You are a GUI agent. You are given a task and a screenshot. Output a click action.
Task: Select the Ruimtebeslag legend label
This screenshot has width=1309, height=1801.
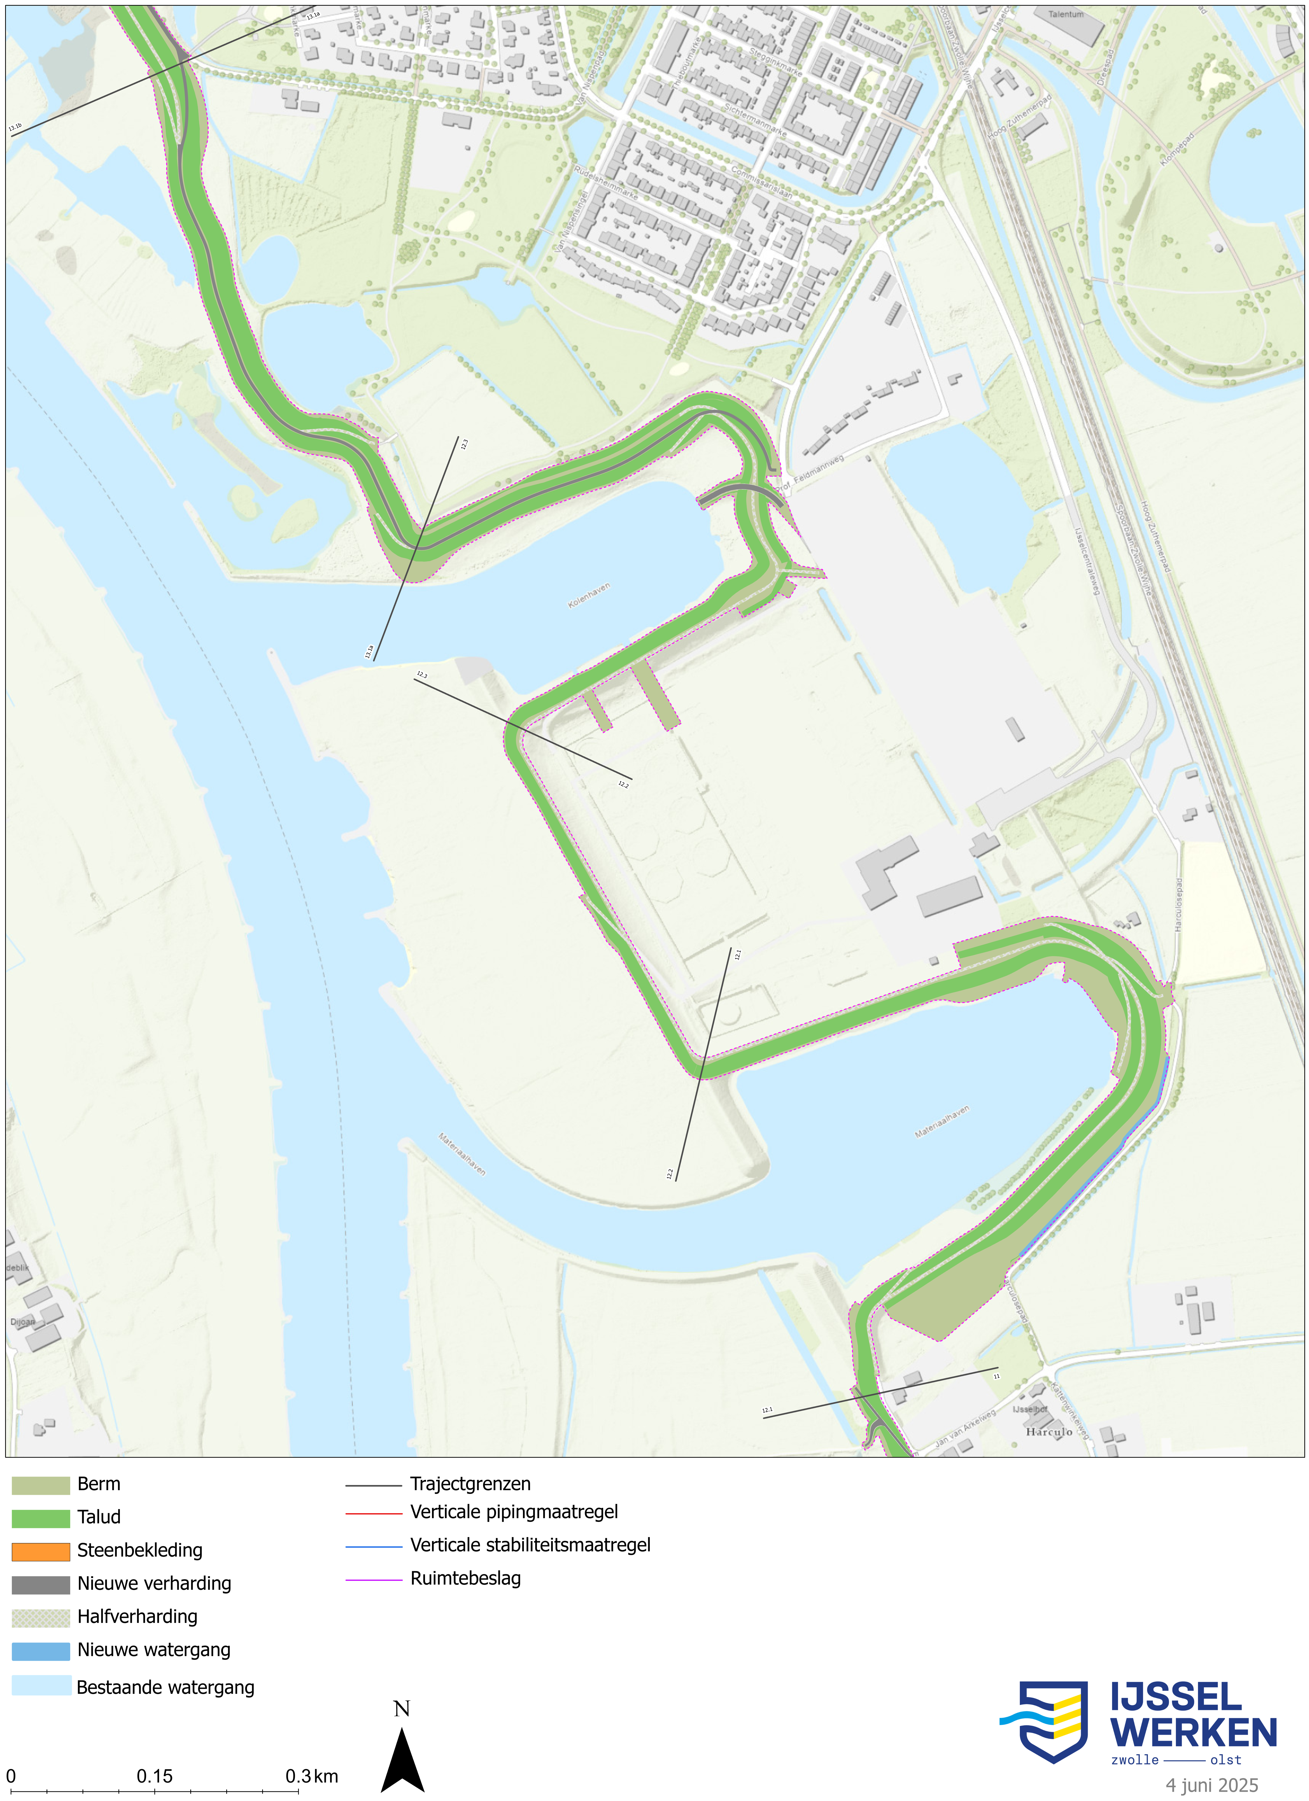pyautogui.click(x=465, y=1579)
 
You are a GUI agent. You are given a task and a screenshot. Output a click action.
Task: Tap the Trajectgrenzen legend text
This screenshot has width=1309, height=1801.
pyautogui.click(x=470, y=1484)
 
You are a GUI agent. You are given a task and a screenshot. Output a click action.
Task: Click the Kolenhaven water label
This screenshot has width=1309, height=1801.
pyautogui.click(x=589, y=596)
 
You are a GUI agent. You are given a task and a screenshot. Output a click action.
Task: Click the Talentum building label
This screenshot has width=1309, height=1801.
pyautogui.click(x=1065, y=14)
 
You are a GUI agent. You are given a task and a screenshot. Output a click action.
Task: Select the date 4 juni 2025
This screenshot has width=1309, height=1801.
pyautogui.click(x=1211, y=1785)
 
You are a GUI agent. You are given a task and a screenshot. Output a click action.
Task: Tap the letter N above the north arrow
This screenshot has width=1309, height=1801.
pyautogui.click(x=402, y=1709)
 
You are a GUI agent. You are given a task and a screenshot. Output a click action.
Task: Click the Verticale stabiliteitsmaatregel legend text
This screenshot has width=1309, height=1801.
pyautogui.click(x=530, y=1545)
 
